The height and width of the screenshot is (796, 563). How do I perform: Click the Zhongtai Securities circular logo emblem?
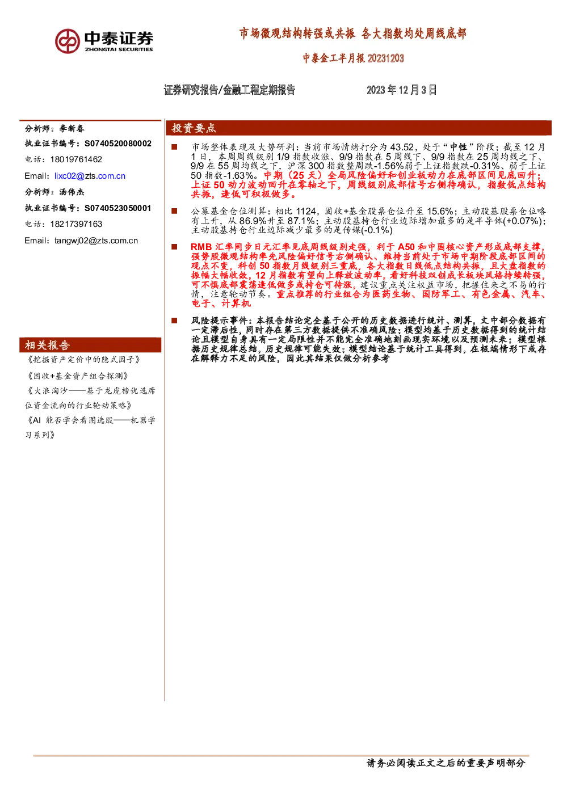pos(67,41)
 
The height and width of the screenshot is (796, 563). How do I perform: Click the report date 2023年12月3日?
pos(401,90)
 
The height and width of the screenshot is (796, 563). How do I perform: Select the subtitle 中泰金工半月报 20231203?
pos(354,58)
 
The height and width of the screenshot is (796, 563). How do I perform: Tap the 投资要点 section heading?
pos(194,128)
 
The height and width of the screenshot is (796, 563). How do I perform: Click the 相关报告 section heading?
pos(47,345)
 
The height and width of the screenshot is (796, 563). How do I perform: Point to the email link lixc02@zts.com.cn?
pos(90,176)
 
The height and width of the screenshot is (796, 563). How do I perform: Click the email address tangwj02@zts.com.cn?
pos(96,241)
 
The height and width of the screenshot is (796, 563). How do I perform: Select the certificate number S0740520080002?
pos(118,144)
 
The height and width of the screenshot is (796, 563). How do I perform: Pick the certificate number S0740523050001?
pos(117,208)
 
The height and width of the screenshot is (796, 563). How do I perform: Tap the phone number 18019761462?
pos(76,159)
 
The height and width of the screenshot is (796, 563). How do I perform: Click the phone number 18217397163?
pos(76,224)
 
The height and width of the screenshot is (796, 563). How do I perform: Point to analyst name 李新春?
pos(72,129)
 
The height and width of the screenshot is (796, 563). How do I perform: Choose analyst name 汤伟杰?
pos(72,192)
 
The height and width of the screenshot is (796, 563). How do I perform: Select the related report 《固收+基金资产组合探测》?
pos(77,376)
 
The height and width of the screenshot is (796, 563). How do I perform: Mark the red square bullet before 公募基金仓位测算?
pos(174,211)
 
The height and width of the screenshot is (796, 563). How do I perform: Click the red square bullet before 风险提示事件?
pos(174,321)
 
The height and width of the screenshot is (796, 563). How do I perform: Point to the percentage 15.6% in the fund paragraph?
pos(440,212)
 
